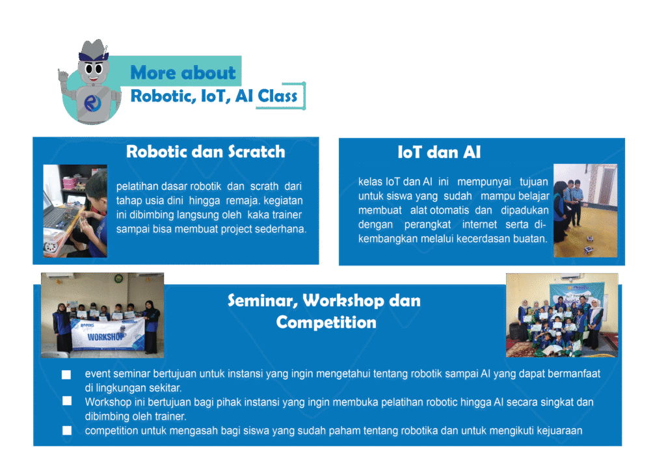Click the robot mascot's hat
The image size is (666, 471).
point(94,51)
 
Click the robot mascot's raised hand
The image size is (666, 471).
point(63,76)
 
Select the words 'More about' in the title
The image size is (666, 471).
point(183,73)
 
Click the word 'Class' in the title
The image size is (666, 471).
point(277,96)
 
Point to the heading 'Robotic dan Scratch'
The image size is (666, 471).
point(206,152)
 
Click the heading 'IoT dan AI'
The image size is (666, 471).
point(439,152)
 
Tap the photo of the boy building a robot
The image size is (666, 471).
point(75,211)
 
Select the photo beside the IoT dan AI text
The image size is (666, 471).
point(585,211)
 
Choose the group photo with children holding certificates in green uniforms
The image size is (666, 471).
point(562,315)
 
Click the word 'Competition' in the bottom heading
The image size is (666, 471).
point(326,323)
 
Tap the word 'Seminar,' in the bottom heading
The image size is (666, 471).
point(263,301)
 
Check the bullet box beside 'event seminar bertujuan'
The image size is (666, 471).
point(66,375)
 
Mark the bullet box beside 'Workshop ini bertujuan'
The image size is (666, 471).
point(67,401)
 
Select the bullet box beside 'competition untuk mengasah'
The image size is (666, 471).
point(67,431)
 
